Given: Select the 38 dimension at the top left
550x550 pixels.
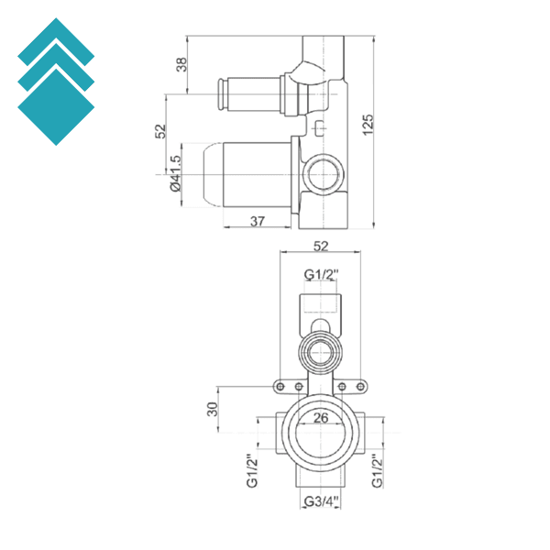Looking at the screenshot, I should point(181,64).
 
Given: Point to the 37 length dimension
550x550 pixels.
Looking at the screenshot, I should point(258,221).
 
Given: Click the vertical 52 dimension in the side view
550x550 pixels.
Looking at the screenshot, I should point(160,131).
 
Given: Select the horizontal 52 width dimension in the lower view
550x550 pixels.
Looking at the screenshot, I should point(321,246).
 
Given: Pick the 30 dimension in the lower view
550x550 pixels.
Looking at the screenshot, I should point(212,409).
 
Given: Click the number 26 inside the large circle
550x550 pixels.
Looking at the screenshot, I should point(321,418).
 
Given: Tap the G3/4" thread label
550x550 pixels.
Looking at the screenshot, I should point(321,500).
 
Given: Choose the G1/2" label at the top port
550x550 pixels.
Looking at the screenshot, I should point(322,273).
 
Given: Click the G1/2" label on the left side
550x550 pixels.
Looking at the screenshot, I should point(249,472).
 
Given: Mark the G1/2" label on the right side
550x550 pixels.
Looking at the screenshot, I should point(378,472).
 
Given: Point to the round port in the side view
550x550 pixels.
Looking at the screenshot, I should point(324,170).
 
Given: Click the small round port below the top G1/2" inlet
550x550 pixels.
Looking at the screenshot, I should point(320,348).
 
